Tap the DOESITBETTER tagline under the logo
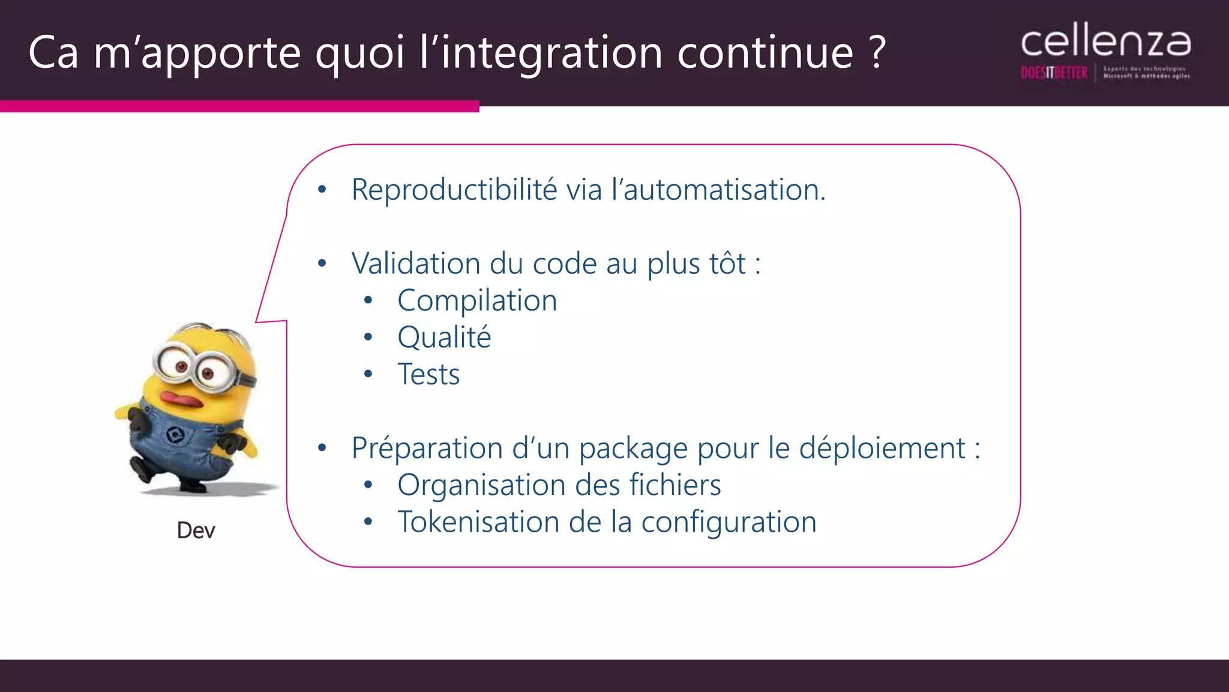click(1054, 73)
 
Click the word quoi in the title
click(360, 53)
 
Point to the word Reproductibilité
click(454, 190)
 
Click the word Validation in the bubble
click(416, 264)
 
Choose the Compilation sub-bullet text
click(477, 300)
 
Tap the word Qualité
click(444, 338)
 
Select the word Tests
click(428, 375)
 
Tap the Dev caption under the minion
click(196, 530)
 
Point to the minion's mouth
click(180, 398)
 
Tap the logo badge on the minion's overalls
click(175, 434)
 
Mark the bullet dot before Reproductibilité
click(322, 190)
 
